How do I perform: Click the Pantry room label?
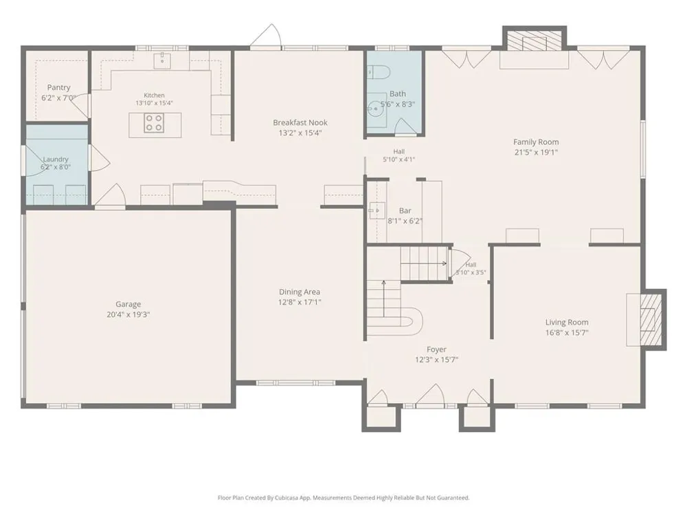pos(58,88)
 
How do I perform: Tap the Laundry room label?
pos(56,159)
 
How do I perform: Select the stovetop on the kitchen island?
pos(154,123)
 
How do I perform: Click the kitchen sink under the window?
pos(162,61)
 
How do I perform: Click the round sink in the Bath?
pos(375,108)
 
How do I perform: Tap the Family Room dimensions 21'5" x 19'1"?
pos(537,152)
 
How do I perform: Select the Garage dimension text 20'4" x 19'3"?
pos(128,314)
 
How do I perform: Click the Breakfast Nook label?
pos(300,123)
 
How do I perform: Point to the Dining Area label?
pos(300,292)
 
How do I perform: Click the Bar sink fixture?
pos(376,211)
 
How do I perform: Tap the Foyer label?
pos(436,350)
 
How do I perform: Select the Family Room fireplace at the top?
pos(534,40)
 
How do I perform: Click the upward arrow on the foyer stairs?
pos(384,299)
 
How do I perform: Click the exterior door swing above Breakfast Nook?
pos(265,34)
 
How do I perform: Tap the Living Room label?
pos(567,322)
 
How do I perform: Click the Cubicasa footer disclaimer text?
pos(343,497)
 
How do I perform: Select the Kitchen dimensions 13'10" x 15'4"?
pos(154,103)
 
